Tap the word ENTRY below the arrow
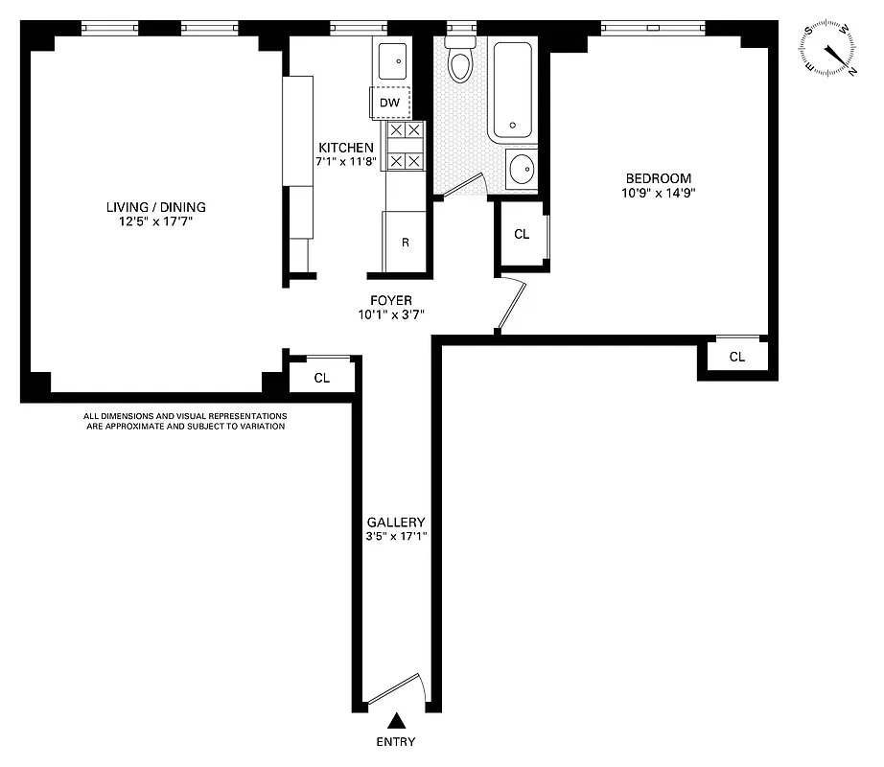pyautogui.click(x=396, y=741)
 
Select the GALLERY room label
pyautogui.click(x=395, y=523)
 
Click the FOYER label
pyautogui.click(x=390, y=300)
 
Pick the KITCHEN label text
pyautogui.click(x=346, y=148)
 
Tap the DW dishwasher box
pyautogui.click(x=390, y=103)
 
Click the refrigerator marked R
pyautogui.click(x=405, y=243)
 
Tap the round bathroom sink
pyautogui.click(x=523, y=171)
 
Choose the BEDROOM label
pyautogui.click(x=658, y=178)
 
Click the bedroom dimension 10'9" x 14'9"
pyautogui.click(x=658, y=193)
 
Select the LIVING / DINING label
pyautogui.click(x=156, y=207)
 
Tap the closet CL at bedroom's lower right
pyautogui.click(x=736, y=357)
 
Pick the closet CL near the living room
pyautogui.click(x=322, y=378)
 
